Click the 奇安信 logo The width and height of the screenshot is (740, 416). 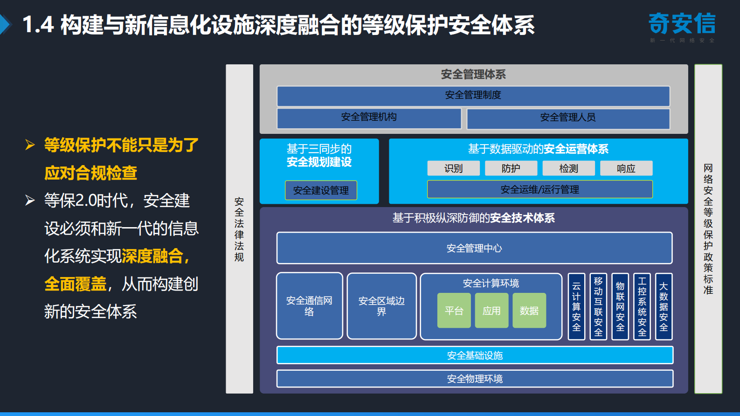pos(682,24)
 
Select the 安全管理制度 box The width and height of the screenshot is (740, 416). pos(473,96)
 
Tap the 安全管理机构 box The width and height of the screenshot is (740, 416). pos(369,118)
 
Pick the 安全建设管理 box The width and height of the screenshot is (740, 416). pos(321,190)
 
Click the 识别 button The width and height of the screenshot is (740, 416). pos(453,168)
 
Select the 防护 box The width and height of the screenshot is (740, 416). pos(511,168)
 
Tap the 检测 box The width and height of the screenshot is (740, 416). pos(568,168)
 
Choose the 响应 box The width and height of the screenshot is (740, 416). pos(626,168)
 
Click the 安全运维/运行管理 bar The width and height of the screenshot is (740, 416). pos(539,189)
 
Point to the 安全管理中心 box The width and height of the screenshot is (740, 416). pos(474,248)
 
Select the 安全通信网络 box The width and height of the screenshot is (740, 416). pos(309,306)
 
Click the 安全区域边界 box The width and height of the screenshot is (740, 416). pos(381,306)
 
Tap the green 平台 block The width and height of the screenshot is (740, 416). pos(454,311)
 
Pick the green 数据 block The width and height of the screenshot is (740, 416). pos(529,311)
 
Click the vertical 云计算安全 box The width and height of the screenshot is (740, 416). pos(576,306)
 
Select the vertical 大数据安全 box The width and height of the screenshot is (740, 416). pos(664,306)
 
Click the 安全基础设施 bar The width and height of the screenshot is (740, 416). pos(475,355)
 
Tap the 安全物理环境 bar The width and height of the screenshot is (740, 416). pos(475,379)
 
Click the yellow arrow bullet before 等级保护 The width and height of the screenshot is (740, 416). pos(30,145)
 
